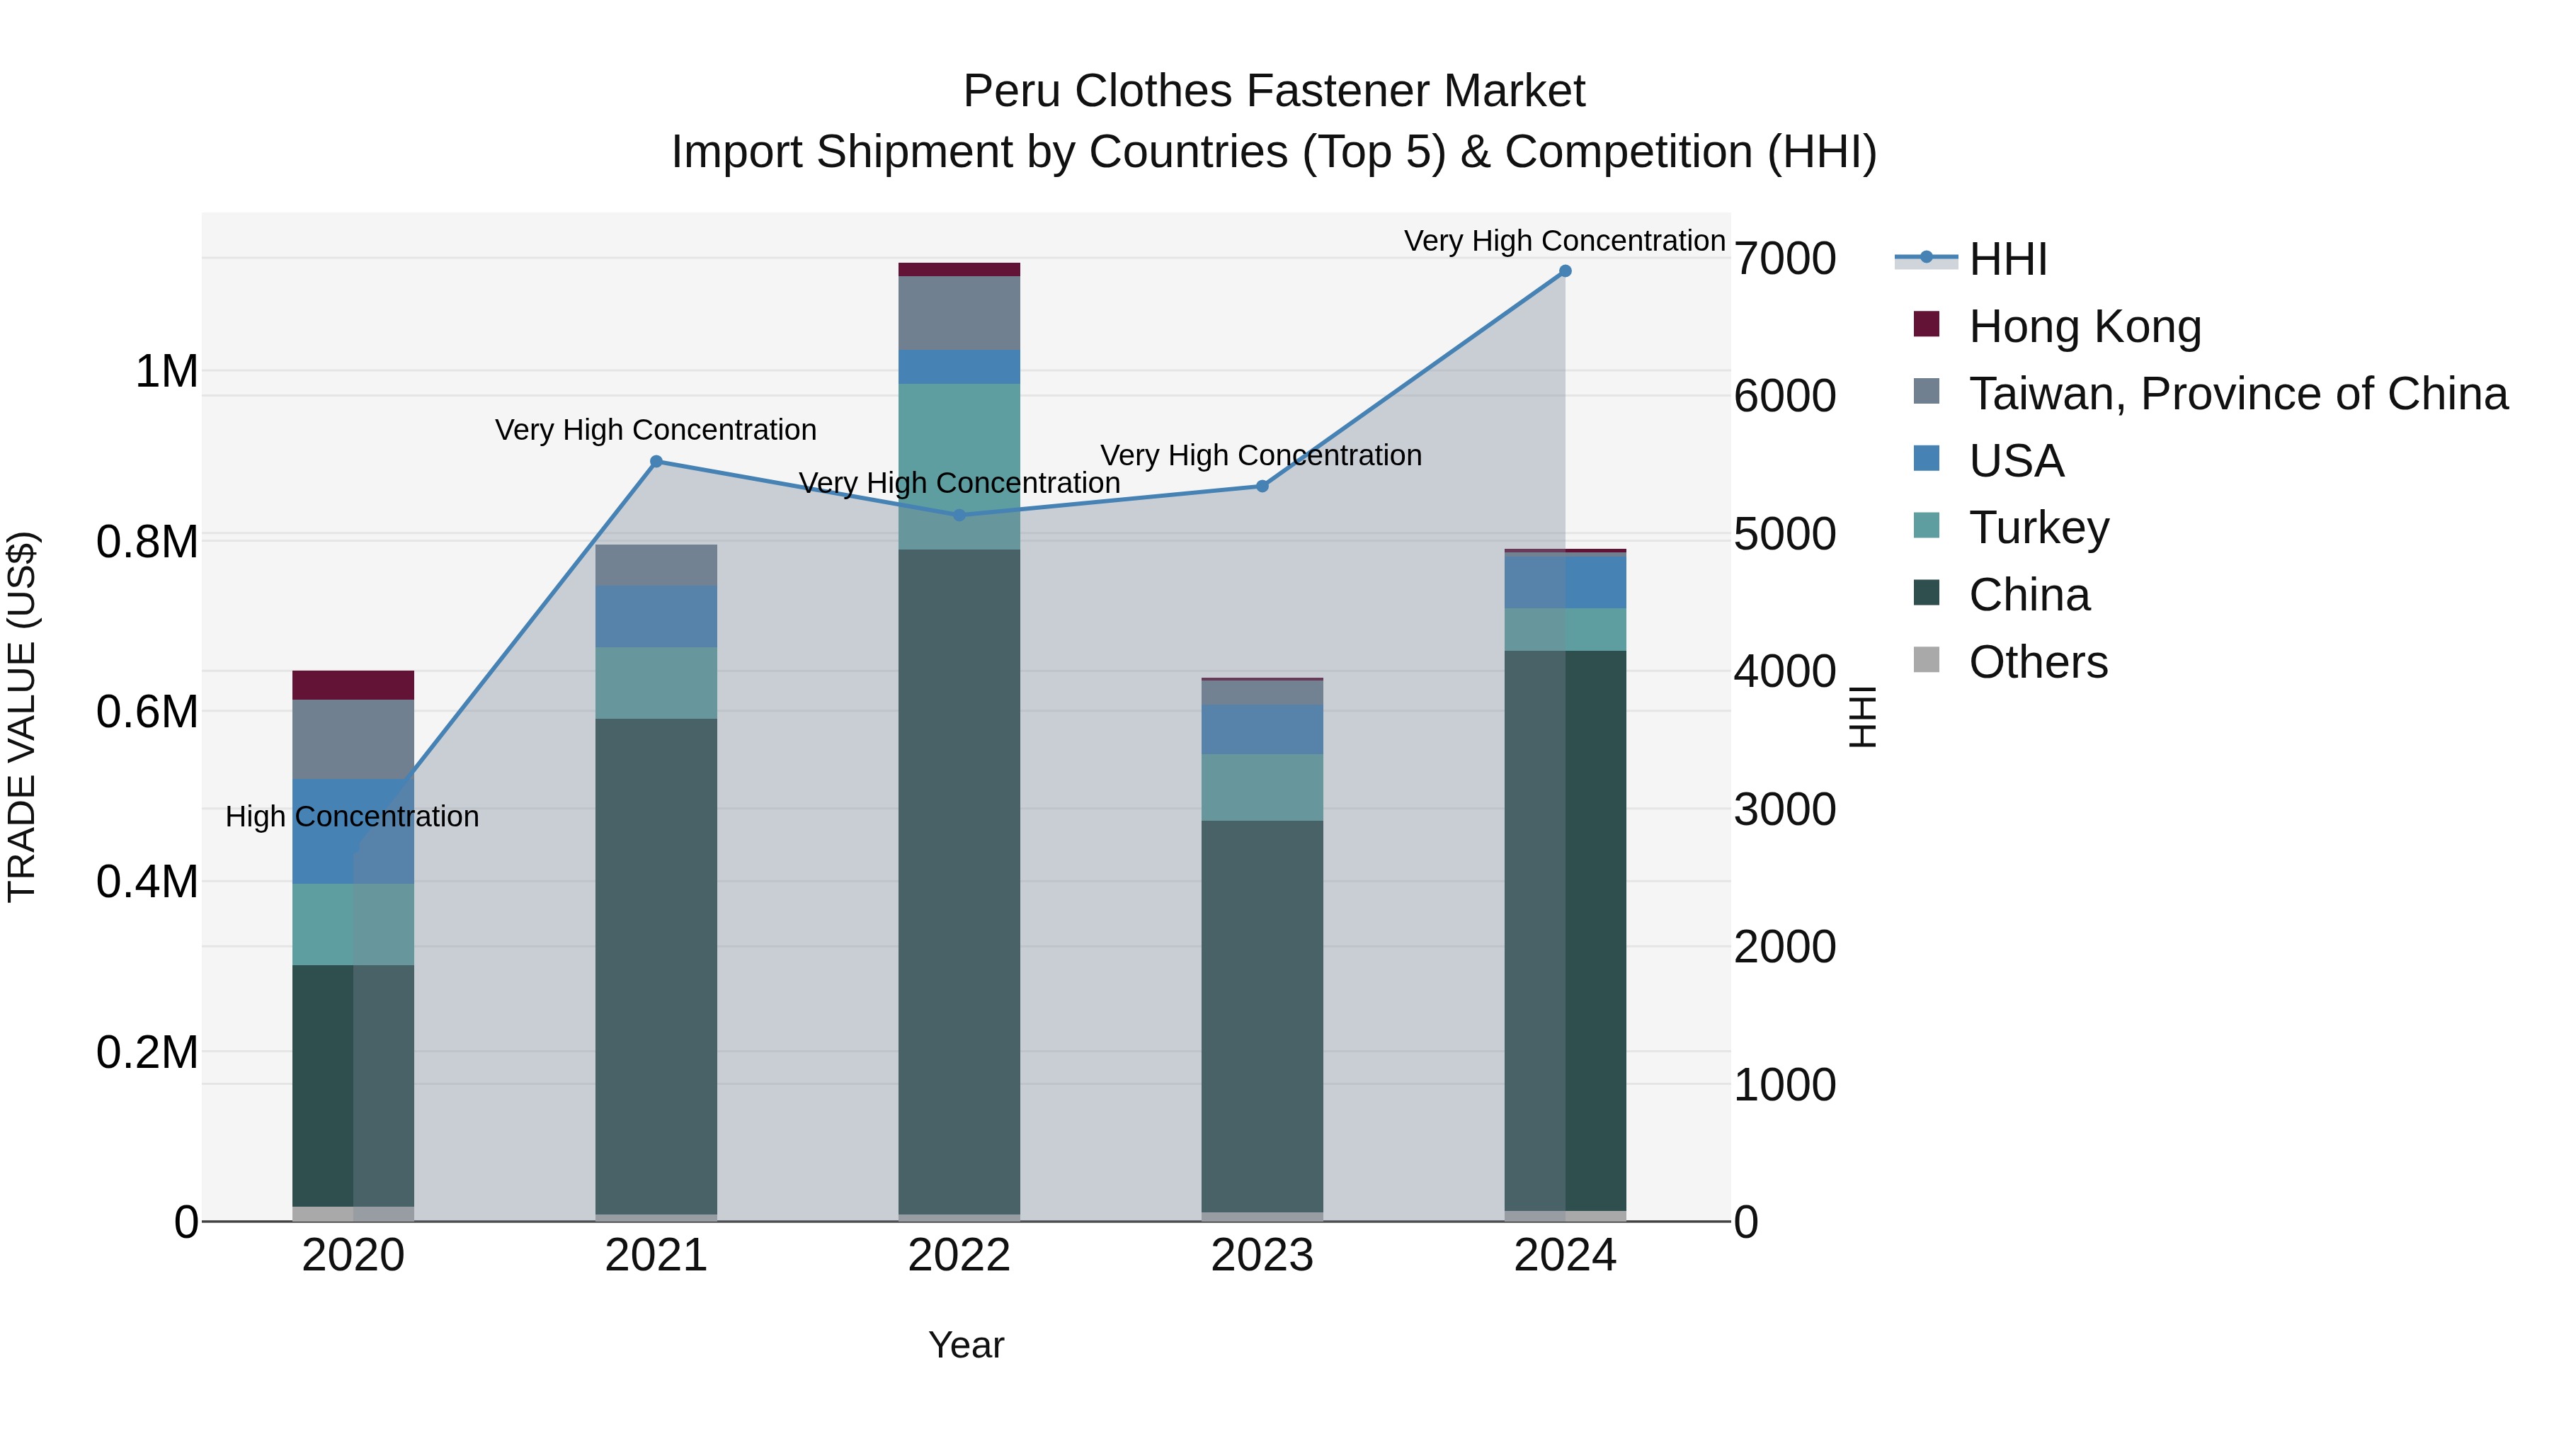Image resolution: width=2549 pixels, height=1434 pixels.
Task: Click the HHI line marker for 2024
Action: pos(1564,271)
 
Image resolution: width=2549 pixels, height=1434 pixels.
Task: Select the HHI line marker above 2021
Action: pos(656,461)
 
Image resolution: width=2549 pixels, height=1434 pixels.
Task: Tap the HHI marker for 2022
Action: pos(959,515)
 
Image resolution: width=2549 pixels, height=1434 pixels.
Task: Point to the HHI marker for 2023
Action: pos(1262,486)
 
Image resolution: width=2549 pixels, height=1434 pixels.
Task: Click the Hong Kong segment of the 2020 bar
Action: pos(353,685)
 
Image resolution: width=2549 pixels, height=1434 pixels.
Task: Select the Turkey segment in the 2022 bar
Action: pos(959,465)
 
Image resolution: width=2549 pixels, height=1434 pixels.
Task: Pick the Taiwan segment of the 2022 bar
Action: pos(959,313)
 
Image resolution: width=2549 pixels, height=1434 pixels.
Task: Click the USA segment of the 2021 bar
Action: pos(656,615)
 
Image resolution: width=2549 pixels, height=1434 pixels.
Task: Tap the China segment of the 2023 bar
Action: pos(1262,1014)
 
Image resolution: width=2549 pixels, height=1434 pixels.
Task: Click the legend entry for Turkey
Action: pos(2038,528)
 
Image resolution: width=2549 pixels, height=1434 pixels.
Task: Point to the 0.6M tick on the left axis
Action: pos(147,712)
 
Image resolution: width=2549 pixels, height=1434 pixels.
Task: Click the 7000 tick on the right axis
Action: pos(1784,258)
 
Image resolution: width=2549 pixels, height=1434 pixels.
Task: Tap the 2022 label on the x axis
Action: pos(959,1256)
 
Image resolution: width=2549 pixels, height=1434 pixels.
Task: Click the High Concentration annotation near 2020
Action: pos(353,816)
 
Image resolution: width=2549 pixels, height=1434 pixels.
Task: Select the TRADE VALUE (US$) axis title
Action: pos(22,717)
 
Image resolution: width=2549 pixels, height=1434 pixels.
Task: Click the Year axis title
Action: pos(966,1345)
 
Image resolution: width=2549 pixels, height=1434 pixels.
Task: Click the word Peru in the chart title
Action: pos(1011,91)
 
